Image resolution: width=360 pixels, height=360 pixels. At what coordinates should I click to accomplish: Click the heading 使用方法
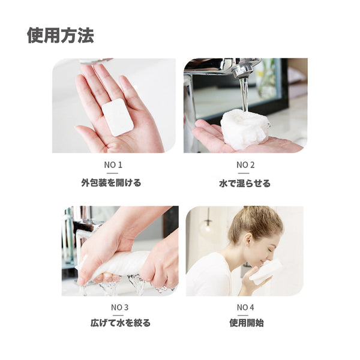click(x=61, y=35)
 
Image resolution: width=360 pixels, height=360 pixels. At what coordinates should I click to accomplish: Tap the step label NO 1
click(x=113, y=165)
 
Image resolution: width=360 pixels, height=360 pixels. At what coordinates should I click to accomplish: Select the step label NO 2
click(x=245, y=165)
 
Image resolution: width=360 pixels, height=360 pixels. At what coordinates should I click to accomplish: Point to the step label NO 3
click(x=119, y=307)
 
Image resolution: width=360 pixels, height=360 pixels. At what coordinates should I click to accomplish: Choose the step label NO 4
click(x=245, y=307)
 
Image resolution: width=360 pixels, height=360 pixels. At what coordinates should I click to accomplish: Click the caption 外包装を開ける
click(x=111, y=183)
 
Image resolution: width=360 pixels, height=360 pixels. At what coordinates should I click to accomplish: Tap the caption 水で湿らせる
click(x=245, y=183)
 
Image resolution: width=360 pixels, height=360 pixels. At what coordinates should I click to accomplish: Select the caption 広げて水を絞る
click(x=121, y=323)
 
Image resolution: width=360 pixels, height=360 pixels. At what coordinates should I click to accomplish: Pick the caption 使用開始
click(x=247, y=323)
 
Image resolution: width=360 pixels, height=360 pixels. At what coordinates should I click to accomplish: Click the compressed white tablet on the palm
click(x=118, y=118)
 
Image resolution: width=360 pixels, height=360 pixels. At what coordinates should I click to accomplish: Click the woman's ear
click(x=248, y=239)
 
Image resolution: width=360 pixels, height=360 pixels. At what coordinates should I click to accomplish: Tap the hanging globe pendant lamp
click(x=208, y=227)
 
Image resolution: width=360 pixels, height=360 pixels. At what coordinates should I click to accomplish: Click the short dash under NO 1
click(x=113, y=173)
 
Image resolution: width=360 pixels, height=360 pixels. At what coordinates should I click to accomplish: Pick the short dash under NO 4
click(x=245, y=316)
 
